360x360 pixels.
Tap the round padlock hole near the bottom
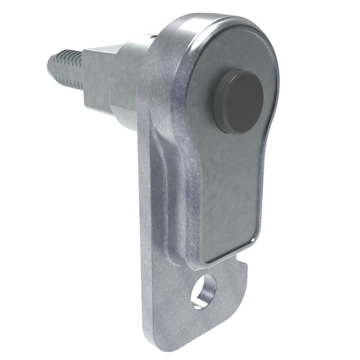click(203, 290)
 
